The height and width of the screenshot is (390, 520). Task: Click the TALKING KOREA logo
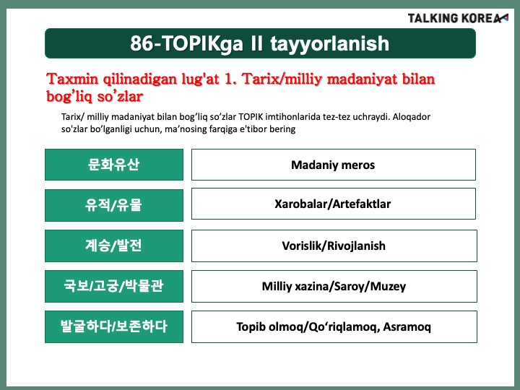tap(458, 18)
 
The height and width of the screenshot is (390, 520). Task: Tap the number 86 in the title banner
tap(141, 43)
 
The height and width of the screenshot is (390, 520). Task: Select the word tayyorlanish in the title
tap(329, 44)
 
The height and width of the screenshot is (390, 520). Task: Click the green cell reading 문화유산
tap(114, 165)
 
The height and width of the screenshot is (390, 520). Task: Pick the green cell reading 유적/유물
tap(114, 205)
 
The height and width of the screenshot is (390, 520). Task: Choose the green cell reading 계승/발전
tap(114, 246)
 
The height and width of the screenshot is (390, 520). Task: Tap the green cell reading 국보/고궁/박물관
tap(114, 286)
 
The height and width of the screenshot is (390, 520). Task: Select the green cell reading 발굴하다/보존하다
tap(114, 326)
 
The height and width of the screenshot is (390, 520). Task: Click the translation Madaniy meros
tap(333, 165)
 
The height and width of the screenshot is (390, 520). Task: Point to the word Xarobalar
tap(300, 204)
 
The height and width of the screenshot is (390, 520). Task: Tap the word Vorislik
tap(303, 246)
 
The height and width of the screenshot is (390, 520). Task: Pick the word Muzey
tap(388, 287)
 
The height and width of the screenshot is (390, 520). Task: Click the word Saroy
tap(350, 287)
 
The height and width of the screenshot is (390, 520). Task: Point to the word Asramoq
tap(407, 327)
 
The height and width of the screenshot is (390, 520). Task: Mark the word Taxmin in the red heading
tap(72, 79)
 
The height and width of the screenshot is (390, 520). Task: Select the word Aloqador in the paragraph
tap(411, 117)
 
